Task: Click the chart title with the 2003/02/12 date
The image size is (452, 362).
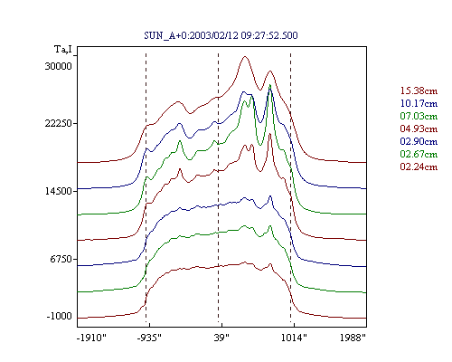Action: (x=221, y=35)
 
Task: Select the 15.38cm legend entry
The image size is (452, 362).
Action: (x=419, y=90)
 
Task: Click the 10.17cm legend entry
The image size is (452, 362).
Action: (x=419, y=103)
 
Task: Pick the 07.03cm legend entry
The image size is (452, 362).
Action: (x=419, y=116)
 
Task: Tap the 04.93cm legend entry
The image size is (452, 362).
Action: (x=419, y=129)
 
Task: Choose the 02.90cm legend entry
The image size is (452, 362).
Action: (x=419, y=141)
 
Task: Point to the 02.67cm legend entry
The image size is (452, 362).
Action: (x=419, y=154)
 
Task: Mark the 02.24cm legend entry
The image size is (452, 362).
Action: (x=419, y=167)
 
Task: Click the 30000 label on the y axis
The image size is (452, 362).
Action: (x=59, y=66)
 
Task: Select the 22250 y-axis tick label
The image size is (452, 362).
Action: (x=59, y=123)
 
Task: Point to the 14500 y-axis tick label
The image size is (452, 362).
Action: (x=59, y=191)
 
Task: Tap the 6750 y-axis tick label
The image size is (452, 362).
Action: (x=61, y=259)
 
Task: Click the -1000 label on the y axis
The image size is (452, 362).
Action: (x=60, y=316)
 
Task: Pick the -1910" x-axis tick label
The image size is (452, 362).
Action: (x=91, y=338)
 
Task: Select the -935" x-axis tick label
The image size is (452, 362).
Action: (x=149, y=338)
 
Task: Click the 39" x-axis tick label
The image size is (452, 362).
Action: (x=221, y=338)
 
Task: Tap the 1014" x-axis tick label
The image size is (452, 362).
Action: (x=294, y=338)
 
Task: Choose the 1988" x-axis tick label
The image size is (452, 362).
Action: (x=353, y=338)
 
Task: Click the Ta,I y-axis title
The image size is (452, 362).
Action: (x=63, y=50)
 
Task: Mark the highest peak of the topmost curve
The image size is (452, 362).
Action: (x=245, y=56)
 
